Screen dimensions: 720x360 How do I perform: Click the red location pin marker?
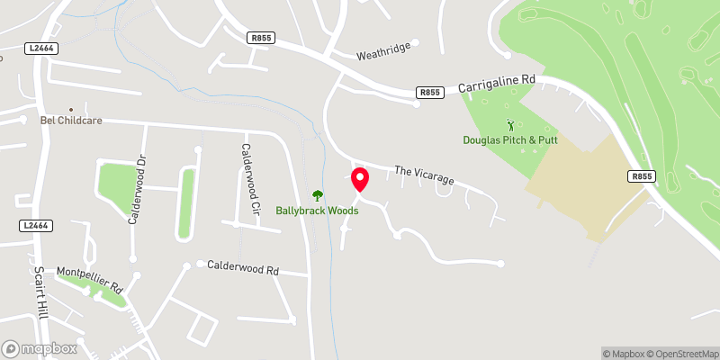[360, 179]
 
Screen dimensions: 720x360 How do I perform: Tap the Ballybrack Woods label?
[317, 211]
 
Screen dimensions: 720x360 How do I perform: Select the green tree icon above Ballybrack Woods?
[317, 194]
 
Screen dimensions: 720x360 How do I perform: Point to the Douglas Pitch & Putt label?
[511, 140]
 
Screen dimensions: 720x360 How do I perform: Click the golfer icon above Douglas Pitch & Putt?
[511, 125]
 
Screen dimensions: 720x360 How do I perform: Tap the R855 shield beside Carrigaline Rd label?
[429, 92]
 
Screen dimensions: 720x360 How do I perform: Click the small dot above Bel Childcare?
[70, 107]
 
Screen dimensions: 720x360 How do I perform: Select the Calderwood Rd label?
[243, 267]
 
